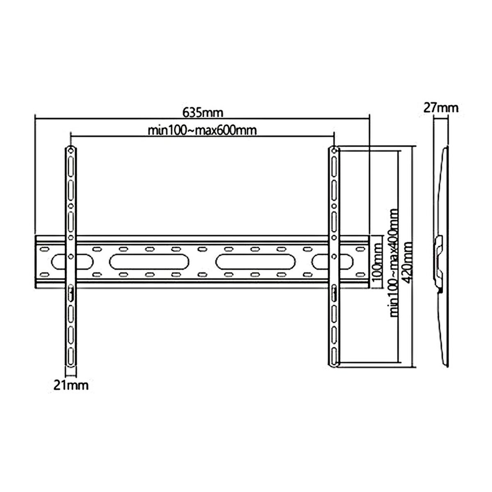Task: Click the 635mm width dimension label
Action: point(203,112)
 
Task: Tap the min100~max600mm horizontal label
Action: point(203,131)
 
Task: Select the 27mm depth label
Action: point(441,108)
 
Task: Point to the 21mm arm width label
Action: point(70,385)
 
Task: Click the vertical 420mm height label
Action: point(408,255)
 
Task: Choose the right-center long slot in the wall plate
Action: point(257,261)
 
